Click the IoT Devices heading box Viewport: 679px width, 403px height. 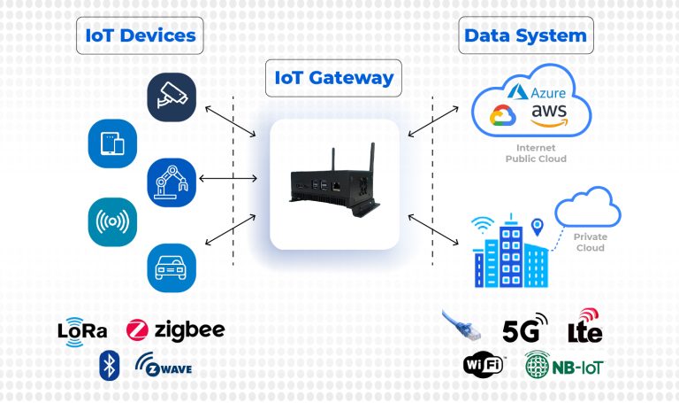pos(140,35)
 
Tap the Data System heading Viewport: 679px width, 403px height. pos(525,35)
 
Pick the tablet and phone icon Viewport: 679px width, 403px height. pos(112,143)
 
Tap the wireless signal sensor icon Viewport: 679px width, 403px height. pos(112,221)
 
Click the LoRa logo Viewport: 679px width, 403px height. pos(82,331)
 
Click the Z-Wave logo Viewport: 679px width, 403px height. pos(164,364)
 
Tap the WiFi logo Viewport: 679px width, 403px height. pos(484,364)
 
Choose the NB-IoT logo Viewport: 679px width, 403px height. pos(565,365)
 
